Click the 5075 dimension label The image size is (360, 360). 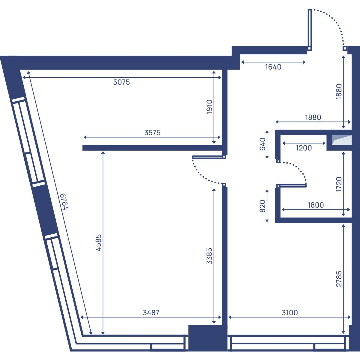pyautogui.click(x=121, y=82)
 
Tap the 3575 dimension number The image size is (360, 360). pyautogui.click(x=152, y=133)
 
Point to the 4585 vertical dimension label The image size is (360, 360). pyautogui.click(x=98, y=243)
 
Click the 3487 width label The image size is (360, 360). pyautogui.click(x=151, y=313)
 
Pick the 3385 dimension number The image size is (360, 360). pyautogui.click(x=209, y=256)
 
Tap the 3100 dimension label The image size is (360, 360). pyautogui.click(x=290, y=313)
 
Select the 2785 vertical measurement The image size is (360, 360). pyautogui.click(x=339, y=279)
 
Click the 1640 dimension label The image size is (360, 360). pyautogui.click(x=273, y=67)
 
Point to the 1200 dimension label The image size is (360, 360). pyautogui.click(x=304, y=148)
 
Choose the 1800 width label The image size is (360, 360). pyautogui.click(x=316, y=205)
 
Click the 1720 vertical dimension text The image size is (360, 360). pyautogui.click(x=339, y=184)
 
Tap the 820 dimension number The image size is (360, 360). pyautogui.click(x=262, y=206)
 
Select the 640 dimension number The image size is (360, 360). pyautogui.click(x=262, y=144)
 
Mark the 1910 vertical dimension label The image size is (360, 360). pyautogui.click(x=209, y=107)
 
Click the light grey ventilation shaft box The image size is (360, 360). pyautogui.click(x=342, y=140)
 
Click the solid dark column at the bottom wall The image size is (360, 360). pyautogui.click(x=208, y=338)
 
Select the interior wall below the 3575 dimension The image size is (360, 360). pyautogui.click(x=152, y=148)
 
